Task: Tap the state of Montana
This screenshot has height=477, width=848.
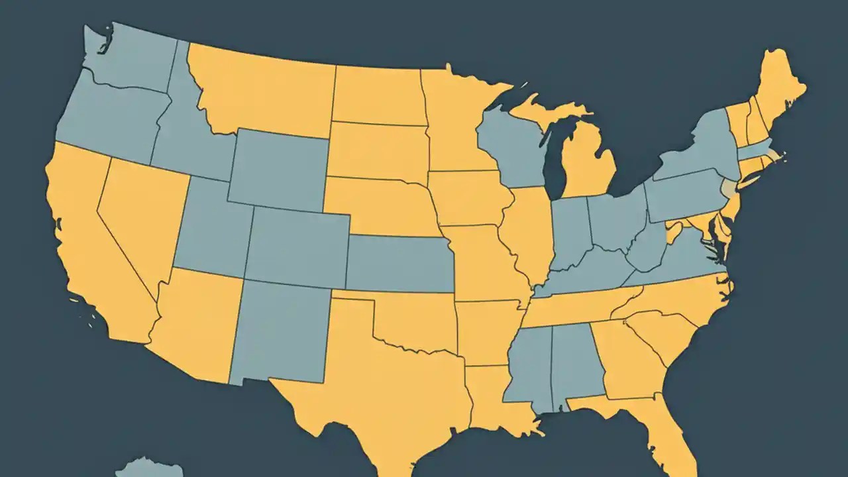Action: click(265, 89)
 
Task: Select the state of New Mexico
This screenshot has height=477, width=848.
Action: click(278, 331)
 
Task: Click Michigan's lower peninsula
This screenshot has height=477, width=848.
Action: click(586, 166)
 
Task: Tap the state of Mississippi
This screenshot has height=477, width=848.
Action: click(530, 364)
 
